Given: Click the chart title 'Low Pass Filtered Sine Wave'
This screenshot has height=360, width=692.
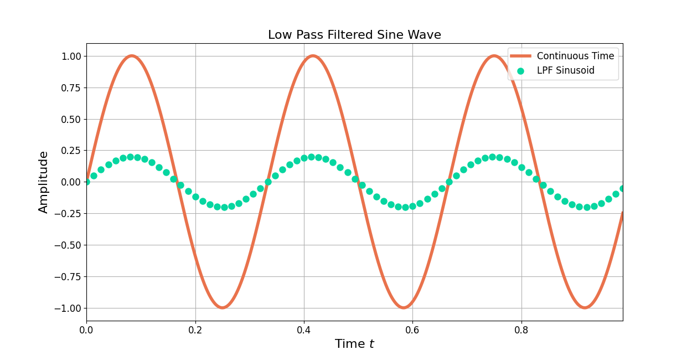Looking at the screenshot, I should tap(354, 35).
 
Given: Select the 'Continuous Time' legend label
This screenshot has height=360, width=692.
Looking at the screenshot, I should tap(575, 56).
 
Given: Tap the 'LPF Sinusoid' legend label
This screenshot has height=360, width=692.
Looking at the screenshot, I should tap(565, 71).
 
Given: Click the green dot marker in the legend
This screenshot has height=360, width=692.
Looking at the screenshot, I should tap(520, 71).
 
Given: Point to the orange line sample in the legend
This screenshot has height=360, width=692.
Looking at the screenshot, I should tap(520, 56).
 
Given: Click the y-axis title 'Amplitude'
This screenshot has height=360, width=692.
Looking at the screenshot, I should tap(44, 182).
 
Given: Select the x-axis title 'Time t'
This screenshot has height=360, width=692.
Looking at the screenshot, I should tap(354, 344).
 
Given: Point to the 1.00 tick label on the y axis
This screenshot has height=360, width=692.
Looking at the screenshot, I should tap(70, 56).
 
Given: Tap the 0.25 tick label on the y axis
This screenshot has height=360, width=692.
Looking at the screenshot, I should tap(70, 151).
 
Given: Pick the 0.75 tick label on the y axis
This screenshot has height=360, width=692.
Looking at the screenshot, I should tap(70, 88).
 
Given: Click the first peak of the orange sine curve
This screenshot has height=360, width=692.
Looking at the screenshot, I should tap(131, 56).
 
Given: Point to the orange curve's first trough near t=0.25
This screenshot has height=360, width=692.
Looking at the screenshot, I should tap(222, 307).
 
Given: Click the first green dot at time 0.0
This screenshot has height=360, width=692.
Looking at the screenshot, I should tap(86, 182).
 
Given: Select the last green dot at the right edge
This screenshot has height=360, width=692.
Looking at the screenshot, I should tap(622, 189).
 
